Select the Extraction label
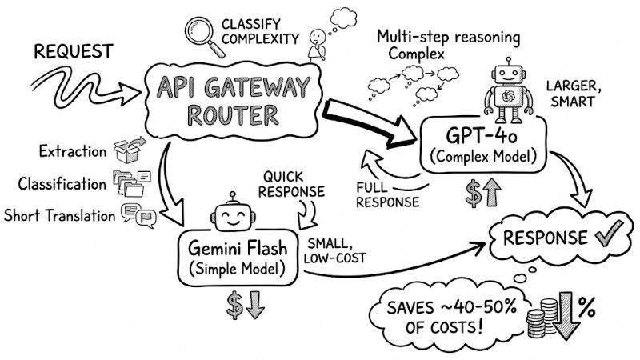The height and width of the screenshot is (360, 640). coord(72,151)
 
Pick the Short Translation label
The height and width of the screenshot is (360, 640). coord(58,214)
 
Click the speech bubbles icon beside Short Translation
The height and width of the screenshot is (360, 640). coord(136,214)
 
